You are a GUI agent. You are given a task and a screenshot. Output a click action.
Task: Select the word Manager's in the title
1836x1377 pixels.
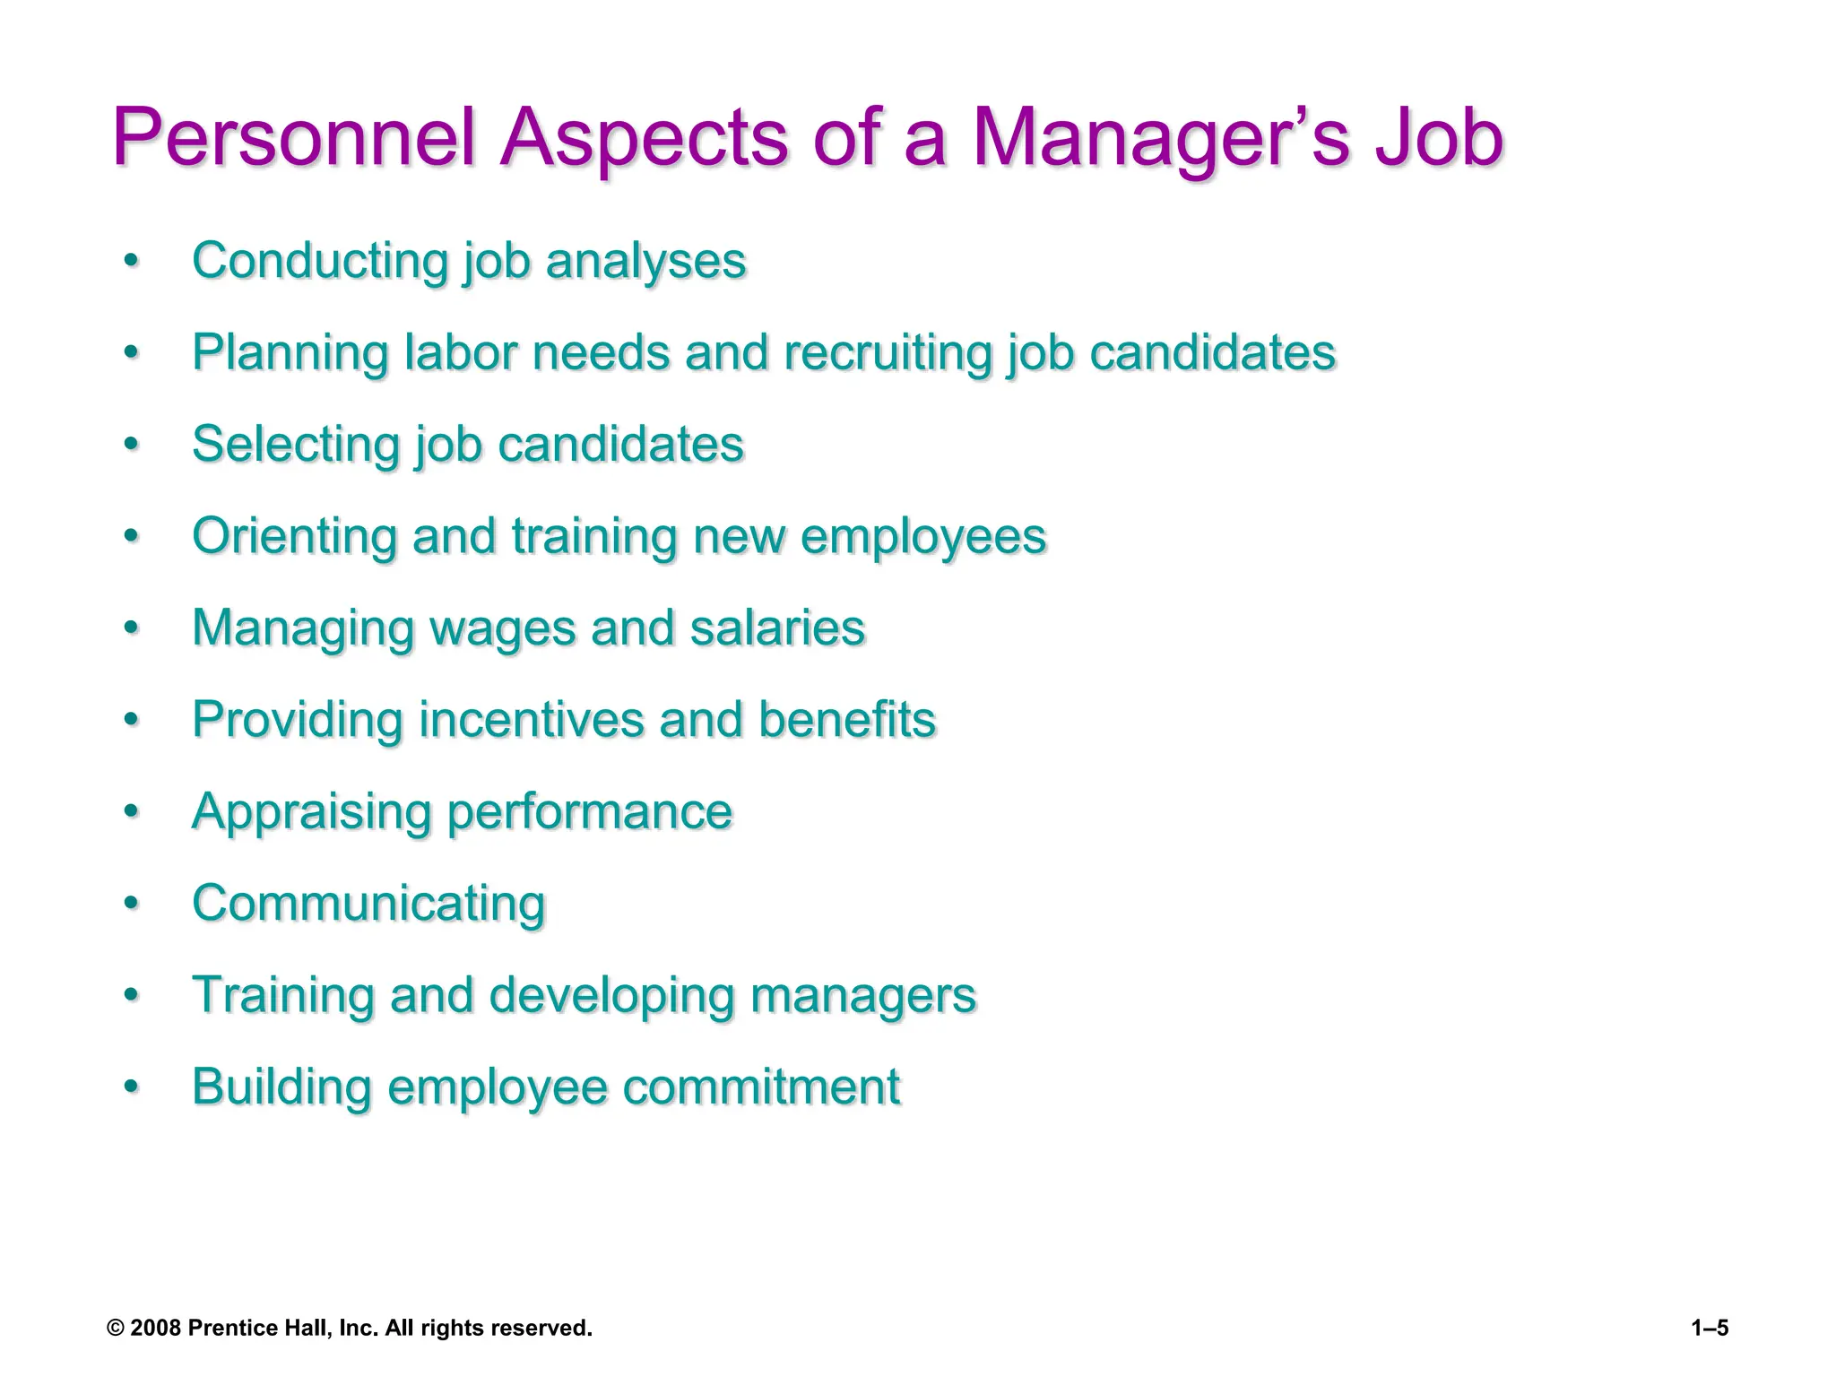click(x=1161, y=138)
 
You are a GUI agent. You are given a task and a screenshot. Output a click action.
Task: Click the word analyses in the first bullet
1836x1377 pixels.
click(x=645, y=262)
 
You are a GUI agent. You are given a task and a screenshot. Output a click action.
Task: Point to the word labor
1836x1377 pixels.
click(x=460, y=352)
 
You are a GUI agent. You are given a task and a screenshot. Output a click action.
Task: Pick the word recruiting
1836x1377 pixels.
click(x=888, y=352)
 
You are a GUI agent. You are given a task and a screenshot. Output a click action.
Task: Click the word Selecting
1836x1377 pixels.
click(x=294, y=445)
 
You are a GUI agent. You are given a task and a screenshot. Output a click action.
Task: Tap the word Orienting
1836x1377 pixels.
click(x=294, y=536)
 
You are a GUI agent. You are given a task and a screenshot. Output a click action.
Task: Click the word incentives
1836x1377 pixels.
click(x=531, y=720)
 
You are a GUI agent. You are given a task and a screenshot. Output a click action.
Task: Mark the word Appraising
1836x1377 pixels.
click(x=311, y=812)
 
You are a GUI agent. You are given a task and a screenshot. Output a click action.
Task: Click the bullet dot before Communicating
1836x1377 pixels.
click(x=132, y=903)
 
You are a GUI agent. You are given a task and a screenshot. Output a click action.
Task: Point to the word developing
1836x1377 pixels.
click(x=611, y=996)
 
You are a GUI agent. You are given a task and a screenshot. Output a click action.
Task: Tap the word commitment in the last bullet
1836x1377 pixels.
click(x=761, y=1087)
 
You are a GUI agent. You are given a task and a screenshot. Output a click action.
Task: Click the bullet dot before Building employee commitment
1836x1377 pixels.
click(x=132, y=1087)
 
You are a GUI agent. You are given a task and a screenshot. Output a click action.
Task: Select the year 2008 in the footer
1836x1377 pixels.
click(x=156, y=1329)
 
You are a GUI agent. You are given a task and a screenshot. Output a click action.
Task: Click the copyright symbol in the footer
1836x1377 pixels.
click(x=115, y=1329)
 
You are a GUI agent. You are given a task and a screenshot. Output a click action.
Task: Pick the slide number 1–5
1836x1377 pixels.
click(x=1710, y=1329)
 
